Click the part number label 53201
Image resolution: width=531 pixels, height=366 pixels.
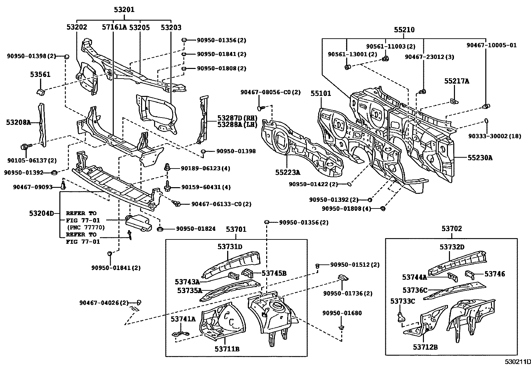point(124,10)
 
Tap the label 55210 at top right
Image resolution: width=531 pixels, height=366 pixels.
point(404,30)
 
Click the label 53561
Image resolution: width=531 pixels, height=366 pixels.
point(40,74)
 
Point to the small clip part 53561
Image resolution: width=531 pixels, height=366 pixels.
point(40,91)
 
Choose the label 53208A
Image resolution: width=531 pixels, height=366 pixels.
point(18,123)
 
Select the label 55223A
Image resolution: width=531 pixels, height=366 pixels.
point(288,172)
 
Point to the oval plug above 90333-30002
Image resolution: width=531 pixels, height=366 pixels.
point(486,121)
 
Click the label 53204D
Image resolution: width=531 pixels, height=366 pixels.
point(41,213)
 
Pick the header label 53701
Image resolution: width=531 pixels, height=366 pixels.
point(236,229)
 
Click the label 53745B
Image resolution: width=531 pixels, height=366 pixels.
point(274,273)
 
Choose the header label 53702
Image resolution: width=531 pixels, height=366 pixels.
point(452,228)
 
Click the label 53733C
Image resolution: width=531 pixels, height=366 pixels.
point(403,301)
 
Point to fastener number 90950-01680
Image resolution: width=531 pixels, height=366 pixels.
point(342,313)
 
